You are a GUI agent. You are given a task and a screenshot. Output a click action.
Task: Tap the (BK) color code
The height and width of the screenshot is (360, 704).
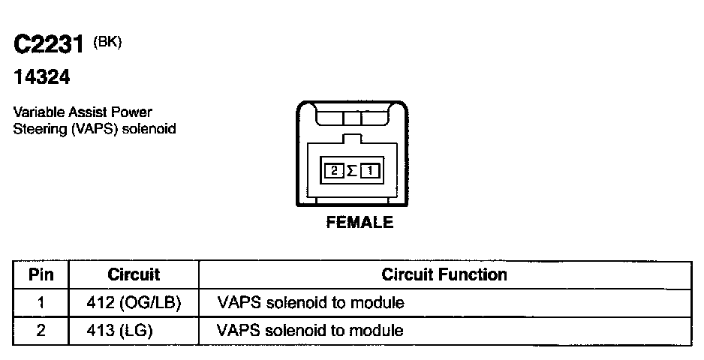pos(107,42)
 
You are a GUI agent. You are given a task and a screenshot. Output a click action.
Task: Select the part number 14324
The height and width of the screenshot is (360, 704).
pos(42,76)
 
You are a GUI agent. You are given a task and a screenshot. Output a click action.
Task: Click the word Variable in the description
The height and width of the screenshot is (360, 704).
pos(37,112)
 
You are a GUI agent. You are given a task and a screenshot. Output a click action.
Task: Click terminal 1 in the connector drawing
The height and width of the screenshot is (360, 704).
pos(371,170)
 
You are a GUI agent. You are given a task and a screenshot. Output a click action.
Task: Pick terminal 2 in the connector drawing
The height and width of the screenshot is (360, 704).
pos(333,170)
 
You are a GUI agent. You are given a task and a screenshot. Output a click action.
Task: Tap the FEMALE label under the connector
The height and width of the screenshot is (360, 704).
pos(360,222)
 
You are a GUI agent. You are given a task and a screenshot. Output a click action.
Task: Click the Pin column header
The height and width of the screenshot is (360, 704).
pos(41,274)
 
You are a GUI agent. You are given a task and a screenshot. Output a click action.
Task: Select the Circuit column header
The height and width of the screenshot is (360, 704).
pos(134,274)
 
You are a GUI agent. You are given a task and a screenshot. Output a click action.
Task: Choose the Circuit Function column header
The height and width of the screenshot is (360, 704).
pos(444,274)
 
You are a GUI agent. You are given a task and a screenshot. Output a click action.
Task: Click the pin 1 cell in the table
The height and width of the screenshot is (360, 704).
pos(41,303)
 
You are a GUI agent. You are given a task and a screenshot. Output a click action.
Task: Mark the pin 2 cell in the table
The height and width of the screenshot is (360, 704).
pos(41,330)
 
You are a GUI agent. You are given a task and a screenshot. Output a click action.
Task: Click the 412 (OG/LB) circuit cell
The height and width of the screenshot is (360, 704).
pos(134,303)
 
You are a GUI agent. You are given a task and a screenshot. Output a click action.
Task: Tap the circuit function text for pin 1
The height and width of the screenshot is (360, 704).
pos(310,303)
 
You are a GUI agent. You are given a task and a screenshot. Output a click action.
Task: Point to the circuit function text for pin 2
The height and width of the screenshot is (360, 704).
pos(310,330)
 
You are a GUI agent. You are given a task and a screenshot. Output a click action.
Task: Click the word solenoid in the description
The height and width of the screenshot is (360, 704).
pos(153,128)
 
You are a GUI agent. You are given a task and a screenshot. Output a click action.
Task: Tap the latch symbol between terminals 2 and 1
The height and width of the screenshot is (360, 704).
pos(351,170)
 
